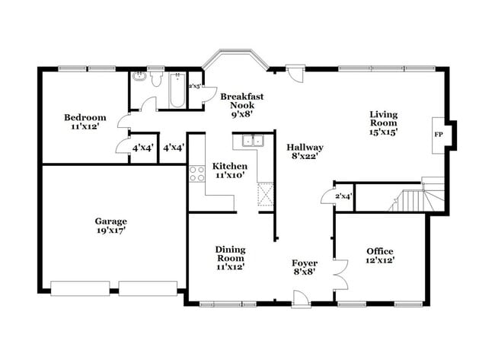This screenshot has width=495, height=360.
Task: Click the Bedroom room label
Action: pyautogui.click(x=85, y=122)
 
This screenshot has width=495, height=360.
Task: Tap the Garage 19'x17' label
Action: pyautogui.click(x=110, y=225)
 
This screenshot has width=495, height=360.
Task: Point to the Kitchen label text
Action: pyautogui.click(x=228, y=170)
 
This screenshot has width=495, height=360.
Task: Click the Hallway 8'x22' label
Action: pyautogui.click(x=305, y=152)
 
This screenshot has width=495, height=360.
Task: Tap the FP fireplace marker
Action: pyautogui.click(x=438, y=134)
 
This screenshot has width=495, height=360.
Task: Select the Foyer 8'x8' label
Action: pyautogui.click(x=304, y=266)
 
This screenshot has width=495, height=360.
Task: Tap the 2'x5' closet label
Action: pyautogui.click(x=196, y=86)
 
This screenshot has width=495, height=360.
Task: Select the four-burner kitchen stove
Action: pyautogui.click(x=197, y=173)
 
